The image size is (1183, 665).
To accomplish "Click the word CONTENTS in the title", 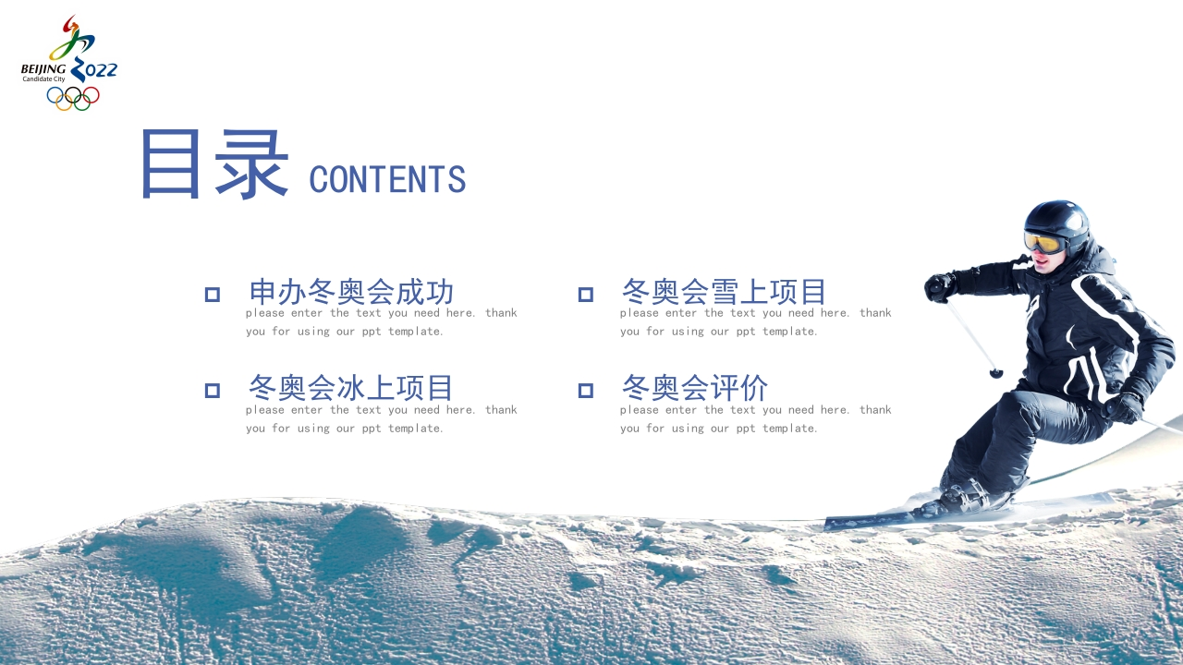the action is pos(387,179).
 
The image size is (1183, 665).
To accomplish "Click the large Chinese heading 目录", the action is pos(215,164).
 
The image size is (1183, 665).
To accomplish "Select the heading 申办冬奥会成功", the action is pos(351,292).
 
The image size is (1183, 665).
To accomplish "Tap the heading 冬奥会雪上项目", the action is pos(724,292).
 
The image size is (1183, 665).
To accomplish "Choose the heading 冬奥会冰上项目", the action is pos(350,388).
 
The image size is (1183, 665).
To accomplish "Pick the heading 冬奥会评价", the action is pos(695,388).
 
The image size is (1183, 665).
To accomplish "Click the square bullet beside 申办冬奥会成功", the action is pos(213,295).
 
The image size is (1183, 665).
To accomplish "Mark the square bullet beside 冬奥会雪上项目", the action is pos(586,295).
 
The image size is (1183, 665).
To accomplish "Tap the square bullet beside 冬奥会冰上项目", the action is pos(213,391).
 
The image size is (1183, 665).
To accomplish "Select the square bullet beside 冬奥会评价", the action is pos(586,391).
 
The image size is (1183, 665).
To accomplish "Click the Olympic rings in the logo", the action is pos(73,98).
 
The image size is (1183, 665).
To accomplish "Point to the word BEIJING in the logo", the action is pos(43,69).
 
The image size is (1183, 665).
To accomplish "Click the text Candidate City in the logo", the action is pos(43,79).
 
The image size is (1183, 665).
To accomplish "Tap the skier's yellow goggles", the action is pos(1044,242).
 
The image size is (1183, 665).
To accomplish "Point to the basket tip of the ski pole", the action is pos(996,373).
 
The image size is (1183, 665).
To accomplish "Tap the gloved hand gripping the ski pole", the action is pos(940,287).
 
